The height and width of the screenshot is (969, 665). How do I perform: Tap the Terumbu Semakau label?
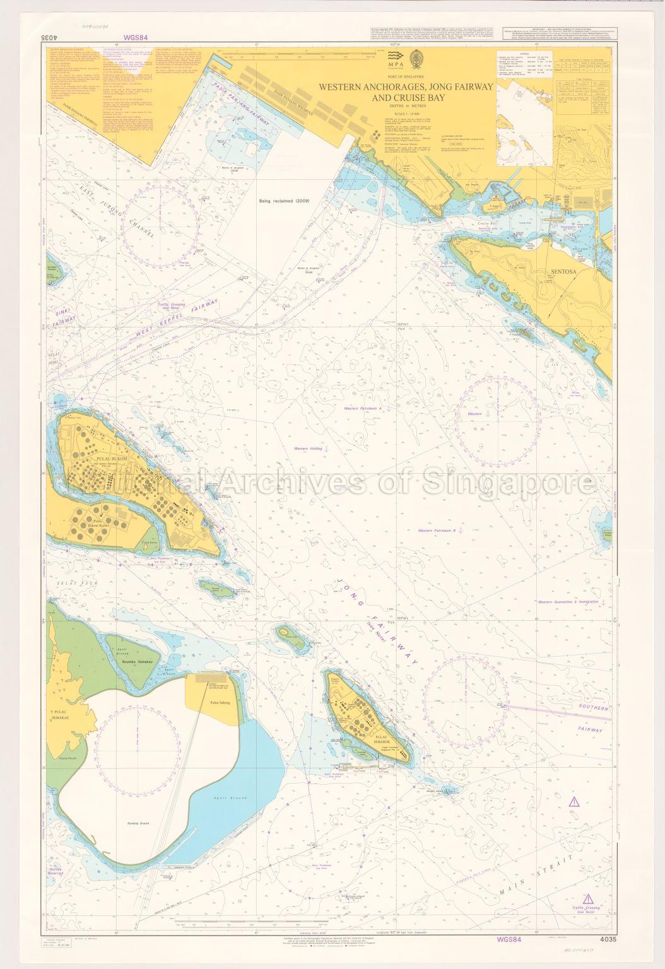[137, 663]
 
